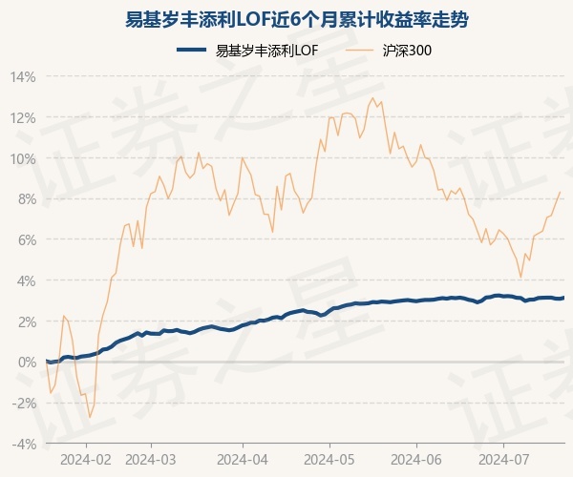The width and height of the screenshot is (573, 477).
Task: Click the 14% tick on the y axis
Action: click(x=23, y=76)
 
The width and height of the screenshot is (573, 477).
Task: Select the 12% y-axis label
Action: click(x=23, y=117)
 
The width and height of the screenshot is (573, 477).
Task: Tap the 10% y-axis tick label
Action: click(x=23, y=158)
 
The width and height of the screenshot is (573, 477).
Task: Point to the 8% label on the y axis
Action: click(x=26, y=198)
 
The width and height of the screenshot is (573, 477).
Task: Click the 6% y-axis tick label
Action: click(x=26, y=239)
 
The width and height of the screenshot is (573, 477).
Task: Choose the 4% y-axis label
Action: click(x=26, y=280)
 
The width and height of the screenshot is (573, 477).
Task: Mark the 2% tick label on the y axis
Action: click(x=26, y=321)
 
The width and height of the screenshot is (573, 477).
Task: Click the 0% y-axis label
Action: click(x=26, y=363)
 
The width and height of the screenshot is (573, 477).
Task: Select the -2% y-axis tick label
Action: click(x=24, y=404)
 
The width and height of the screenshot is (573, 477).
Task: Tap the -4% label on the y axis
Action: click(x=24, y=444)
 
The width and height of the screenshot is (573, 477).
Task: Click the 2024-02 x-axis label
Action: click(x=86, y=458)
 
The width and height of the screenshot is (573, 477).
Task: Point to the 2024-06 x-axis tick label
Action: click(x=416, y=458)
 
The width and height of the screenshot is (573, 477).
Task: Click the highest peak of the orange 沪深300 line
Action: click(x=372, y=97)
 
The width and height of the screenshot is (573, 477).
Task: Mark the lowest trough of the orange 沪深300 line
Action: click(x=90, y=418)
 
